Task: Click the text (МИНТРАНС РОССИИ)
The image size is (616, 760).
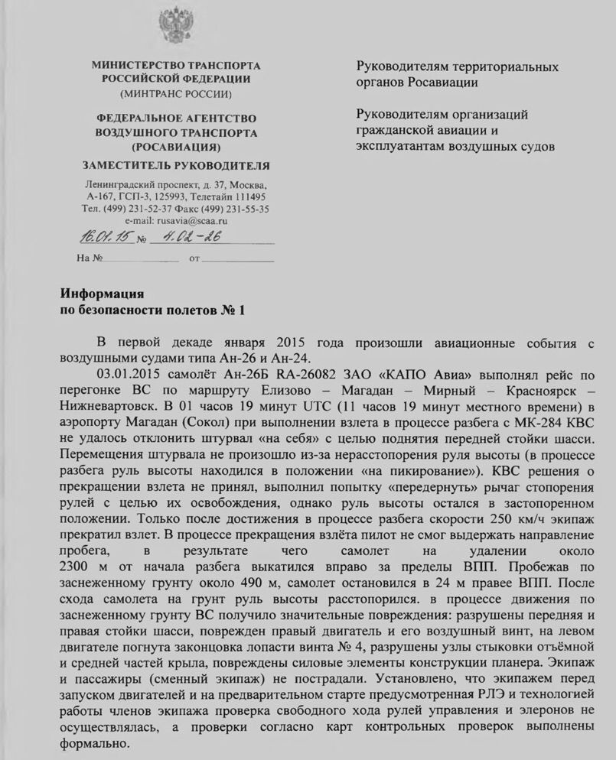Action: [x=176, y=94]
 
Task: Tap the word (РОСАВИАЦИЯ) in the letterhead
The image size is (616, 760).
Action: [x=176, y=145]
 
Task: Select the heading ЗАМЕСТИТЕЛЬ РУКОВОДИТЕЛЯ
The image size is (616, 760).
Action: [x=176, y=165]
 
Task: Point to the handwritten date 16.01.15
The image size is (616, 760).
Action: [x=104, y=238]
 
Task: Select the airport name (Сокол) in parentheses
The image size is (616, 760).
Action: [x=213, y=418]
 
